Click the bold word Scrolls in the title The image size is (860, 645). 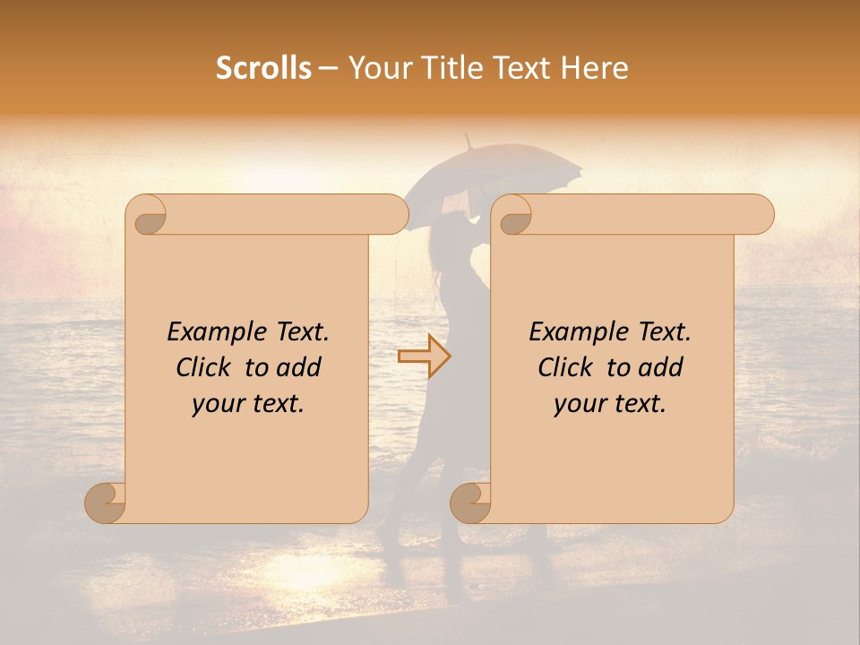[264, 68]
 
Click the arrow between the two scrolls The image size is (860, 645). [424, 357]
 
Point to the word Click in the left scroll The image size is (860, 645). [206, 367]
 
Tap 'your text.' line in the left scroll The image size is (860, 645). [248, 403]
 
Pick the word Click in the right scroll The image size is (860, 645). [567, 367]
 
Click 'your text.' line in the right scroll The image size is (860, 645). [610, 403]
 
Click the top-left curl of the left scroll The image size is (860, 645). [148, 216]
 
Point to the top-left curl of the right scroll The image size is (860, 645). [513, 216]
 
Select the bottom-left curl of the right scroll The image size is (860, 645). [471, 502]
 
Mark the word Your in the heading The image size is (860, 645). [375, 68]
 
